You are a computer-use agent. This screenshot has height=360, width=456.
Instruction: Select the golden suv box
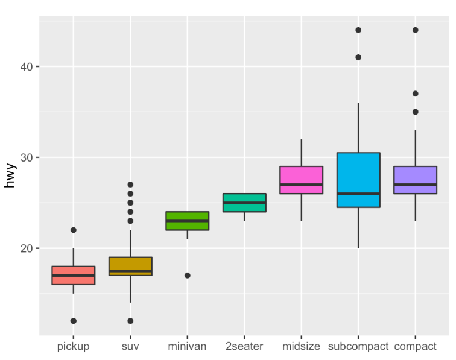pyautogui.click(x=130, y=266)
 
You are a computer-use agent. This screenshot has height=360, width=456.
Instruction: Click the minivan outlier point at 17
pyautogui.click(x=188, y=276)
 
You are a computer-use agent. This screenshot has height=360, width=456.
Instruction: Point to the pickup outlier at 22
pyautogui.click(x=74, y=230)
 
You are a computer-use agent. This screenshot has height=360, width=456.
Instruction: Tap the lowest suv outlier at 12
pyautogui.click(x=130, y=321)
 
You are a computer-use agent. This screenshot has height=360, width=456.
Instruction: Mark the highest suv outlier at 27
pyautogui.click(x=130, y=185)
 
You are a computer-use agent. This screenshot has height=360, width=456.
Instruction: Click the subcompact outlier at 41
pyautogui.click(x=358, y=57)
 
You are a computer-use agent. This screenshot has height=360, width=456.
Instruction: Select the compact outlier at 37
pyautogui.click(x=415, y=93)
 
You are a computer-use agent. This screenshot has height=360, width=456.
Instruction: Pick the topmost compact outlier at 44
pyautogui.click(x=415, y=30)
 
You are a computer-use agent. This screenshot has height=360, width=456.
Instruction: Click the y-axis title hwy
pyautogui.click(x=10, y=175)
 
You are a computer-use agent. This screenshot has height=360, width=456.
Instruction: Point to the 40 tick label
pyautogui.click(x=25, y=66)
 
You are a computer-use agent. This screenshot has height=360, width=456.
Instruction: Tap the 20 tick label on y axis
pyautogui.click(x=25, y=248)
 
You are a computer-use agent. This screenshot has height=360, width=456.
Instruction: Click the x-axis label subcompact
pyautogui.click(x=358, y=347)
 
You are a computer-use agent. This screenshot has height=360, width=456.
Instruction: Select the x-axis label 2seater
pyautogui.click(x=244, y=347)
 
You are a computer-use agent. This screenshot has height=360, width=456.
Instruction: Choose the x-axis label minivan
pyautogui.click(x=188, y=347)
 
